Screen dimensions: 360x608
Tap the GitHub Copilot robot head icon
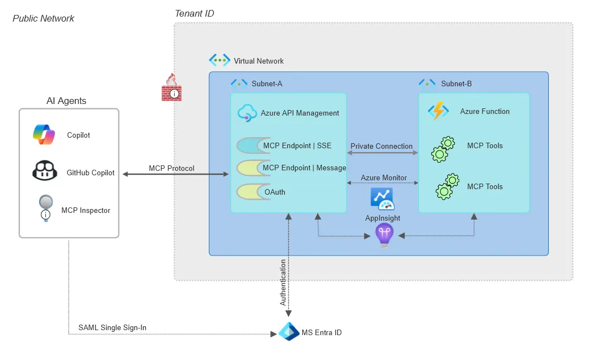(x=44, y=171)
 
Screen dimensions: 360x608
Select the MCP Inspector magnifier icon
(x=45, y=208)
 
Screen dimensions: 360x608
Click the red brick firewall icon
(x=171, y=88)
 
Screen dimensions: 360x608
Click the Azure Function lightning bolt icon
(x=438, y=111)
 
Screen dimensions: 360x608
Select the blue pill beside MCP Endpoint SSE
(x=249, y=145)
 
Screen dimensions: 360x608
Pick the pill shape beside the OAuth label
(x=249, y=192)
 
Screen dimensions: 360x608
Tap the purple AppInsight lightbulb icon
(x=384, y=235)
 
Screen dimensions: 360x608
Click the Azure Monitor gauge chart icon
(x=382, y=199)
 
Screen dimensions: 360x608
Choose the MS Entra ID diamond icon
(x=289, y=332)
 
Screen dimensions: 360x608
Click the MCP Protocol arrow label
(x=171, y=168)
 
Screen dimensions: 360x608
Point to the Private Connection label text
(x=381, y=146)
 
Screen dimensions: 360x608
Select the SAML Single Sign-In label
(x=112, y=327)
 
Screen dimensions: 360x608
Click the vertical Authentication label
(x=283, y=282)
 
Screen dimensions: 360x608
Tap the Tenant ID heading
(x=194, y=13)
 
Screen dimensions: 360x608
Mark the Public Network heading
(x=43, y=18)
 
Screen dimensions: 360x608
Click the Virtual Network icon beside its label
(x=219, y=60)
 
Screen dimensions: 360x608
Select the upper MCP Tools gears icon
(x=443, y=149)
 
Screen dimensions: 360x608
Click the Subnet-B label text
(x=456, y=84)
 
